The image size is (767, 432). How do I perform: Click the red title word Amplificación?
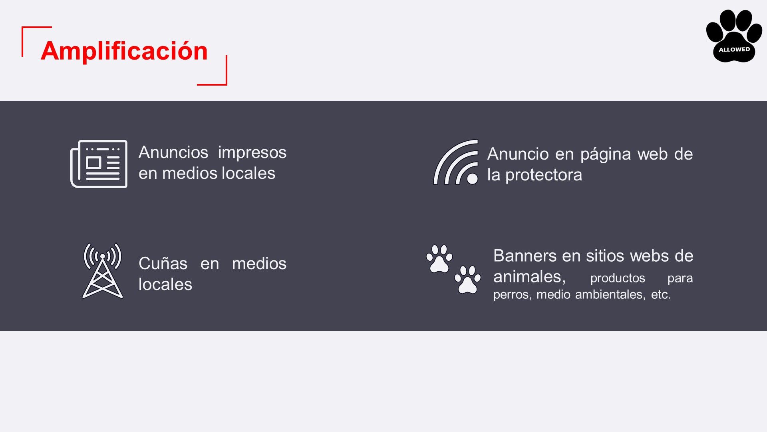click(x=124, y=51)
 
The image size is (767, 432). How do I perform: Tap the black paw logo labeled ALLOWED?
click(x=734, y=36)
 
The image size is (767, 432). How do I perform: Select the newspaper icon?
click(x=99, y=164)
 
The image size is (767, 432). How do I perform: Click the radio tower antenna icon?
click(x=103, y=270)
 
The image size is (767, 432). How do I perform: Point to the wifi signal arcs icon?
click(x=456, y=162)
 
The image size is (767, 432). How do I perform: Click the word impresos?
click(x=252, y=153)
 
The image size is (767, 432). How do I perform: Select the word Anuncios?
click(x=173, y=152)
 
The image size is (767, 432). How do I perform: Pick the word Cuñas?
click(x=163, y=264)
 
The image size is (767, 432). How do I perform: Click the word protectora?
click(x=544, y=175)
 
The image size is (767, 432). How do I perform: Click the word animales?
click(x=529, y=277)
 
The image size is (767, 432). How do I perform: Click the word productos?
click(x=618, y=278)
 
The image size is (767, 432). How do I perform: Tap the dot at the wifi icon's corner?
click(x=472, y=178)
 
